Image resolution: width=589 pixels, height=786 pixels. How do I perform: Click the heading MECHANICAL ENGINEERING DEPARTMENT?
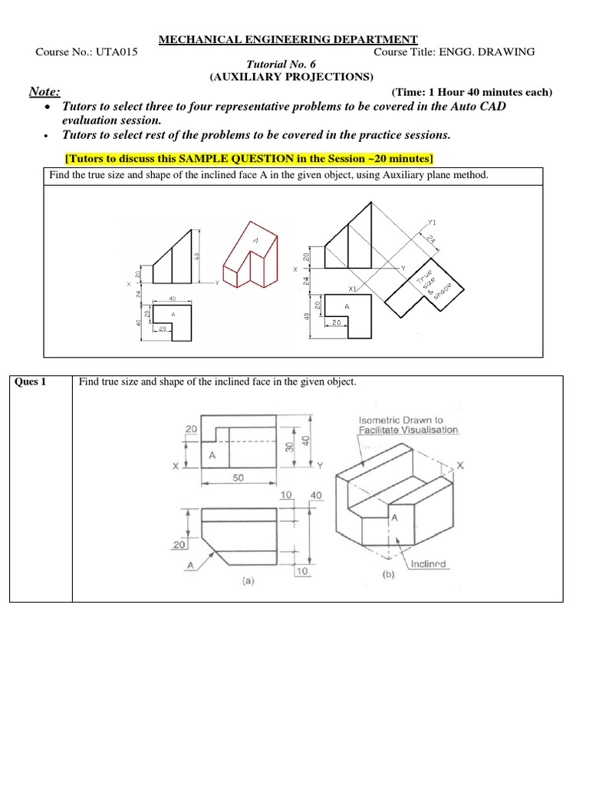click(x=288, y=39)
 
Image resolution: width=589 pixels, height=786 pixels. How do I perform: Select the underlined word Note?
click(x=44, y=92)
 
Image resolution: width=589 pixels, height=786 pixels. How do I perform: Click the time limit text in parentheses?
click(x=471, y=92)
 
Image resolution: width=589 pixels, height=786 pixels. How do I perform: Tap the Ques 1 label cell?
click(x=31, y=382)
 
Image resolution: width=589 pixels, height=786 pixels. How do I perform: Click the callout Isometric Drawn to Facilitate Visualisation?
click(x=408, y=425)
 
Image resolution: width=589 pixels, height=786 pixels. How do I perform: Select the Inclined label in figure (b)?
click(x=428, y=564)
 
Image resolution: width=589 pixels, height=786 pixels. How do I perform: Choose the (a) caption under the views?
click(x=247, y=582)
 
